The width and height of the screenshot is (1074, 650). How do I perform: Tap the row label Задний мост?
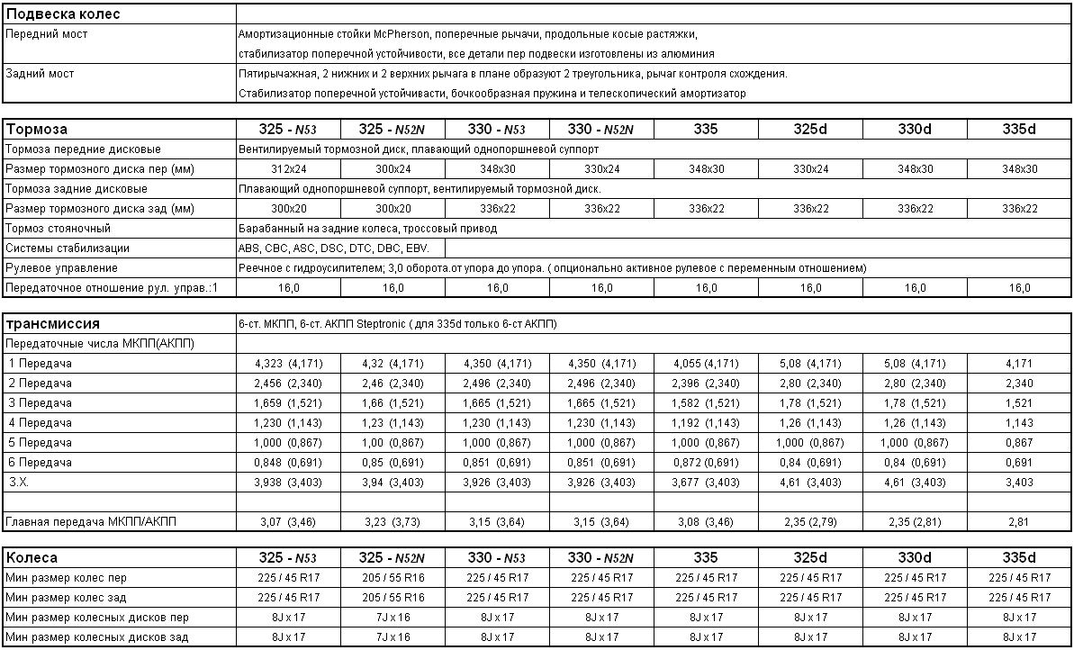40,74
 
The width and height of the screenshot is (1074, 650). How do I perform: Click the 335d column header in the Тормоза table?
1019,130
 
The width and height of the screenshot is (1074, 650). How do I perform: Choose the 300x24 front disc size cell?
393,169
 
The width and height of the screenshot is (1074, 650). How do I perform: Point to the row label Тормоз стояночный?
58,229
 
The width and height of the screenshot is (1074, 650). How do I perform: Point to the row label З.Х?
19,483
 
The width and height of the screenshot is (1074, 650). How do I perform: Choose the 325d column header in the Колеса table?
810,558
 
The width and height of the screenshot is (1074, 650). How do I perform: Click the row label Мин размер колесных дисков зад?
96,637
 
